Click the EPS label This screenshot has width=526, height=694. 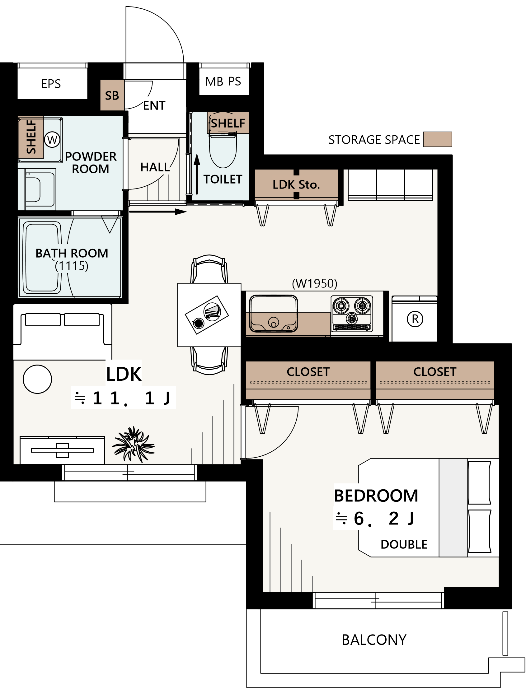pos(51,84)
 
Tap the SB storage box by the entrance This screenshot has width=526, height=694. pos(112,95)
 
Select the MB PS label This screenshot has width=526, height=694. pos(223,82)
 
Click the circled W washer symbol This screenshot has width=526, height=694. pos(52,140)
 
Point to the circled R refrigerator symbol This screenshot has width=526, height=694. pos(415,319)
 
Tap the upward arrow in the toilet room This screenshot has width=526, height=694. pos(197,174)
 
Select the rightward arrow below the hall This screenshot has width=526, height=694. pos(158,212)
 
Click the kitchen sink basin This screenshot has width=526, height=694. pos(273,314)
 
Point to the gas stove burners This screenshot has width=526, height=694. pos(352,313)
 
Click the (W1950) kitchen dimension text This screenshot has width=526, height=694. pos(314,283)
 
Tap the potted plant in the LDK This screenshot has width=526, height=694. pos(133,444)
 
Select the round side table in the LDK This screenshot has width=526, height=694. pos(37,379)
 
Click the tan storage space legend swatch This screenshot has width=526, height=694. pos(438,139)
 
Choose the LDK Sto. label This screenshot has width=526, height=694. pos(296,184)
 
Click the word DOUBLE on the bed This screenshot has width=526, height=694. pos(404,545)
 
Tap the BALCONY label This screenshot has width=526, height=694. pos(374,640)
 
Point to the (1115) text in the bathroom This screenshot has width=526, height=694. pos(72,266)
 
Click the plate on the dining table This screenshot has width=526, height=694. pos(213,311)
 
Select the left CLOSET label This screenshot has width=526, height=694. pos(308,372)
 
